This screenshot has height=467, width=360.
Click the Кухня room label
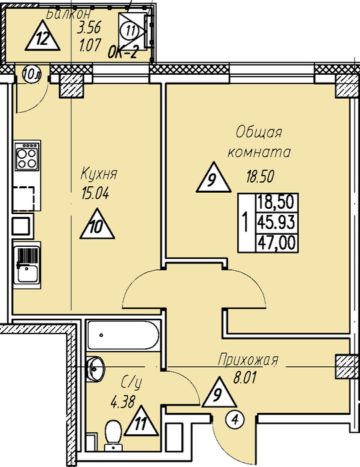pos(99,174)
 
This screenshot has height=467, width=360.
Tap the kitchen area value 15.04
pos(95,194)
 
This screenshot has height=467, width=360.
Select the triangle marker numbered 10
pos(97,224)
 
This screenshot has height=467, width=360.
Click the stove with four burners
pos(27,155)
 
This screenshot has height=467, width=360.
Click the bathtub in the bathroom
pos(123,335)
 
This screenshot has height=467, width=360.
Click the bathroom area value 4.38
pos(123,403)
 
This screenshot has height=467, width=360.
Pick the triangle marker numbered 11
pos(141,421)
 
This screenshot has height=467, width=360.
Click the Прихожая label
pos(248,360)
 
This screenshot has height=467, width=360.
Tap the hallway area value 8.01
pos(245,378)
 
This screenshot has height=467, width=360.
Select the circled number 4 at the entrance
pos(235,420)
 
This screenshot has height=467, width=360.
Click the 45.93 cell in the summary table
pos(276,222)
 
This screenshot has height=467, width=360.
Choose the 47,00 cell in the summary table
pos(277,242)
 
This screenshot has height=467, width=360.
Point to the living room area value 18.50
pos(259,177)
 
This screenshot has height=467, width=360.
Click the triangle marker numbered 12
pos(43,36)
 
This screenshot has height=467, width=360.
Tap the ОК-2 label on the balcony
pos(123,53)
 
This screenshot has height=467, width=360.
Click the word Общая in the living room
pos(259,133)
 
